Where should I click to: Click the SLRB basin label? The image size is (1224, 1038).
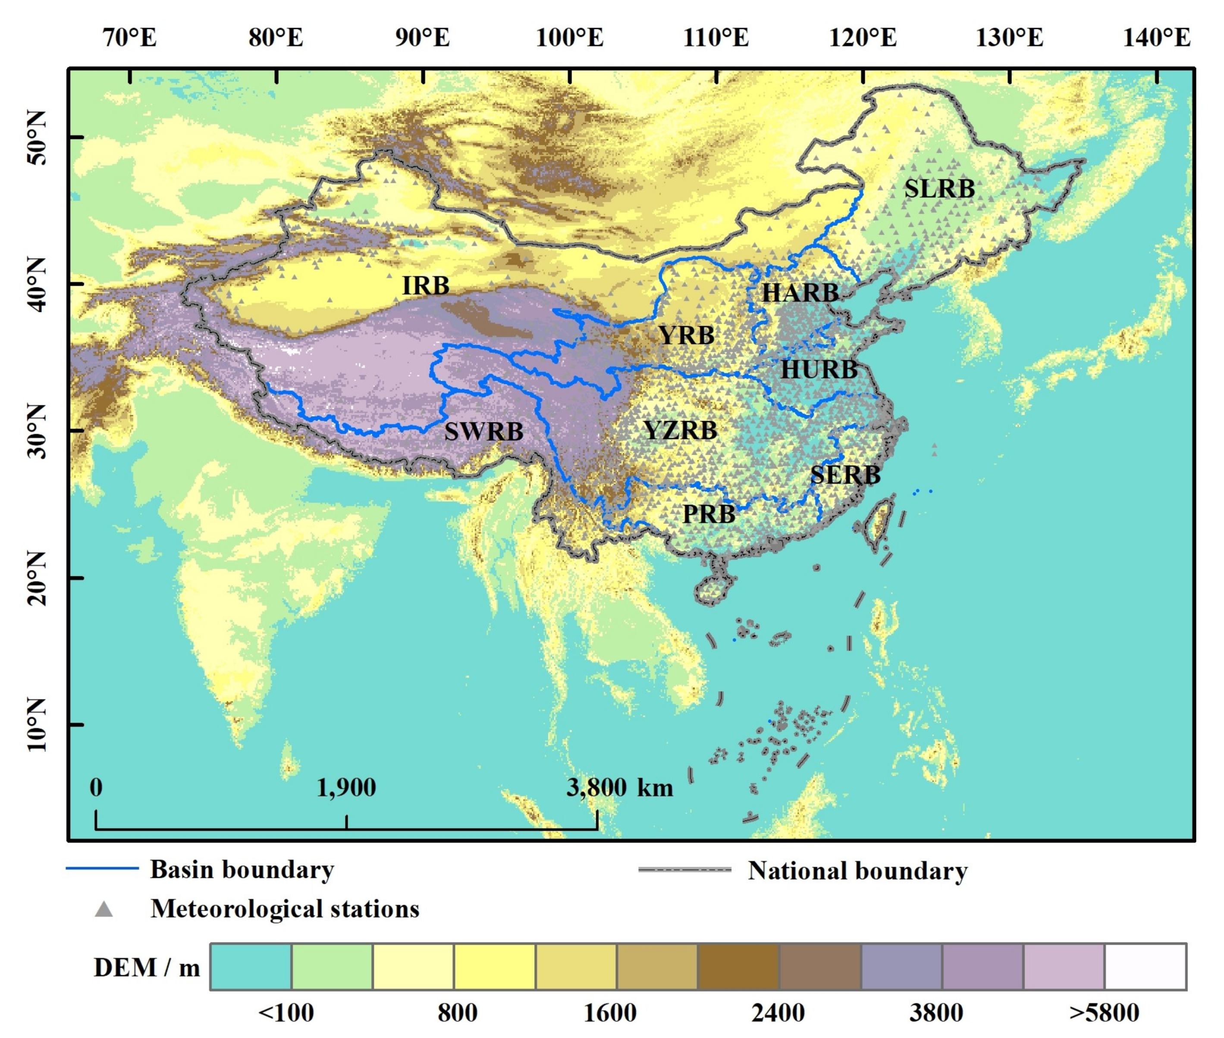(939, 189)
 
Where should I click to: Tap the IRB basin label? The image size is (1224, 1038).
(425, 286)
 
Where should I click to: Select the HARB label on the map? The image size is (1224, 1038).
(800, 293)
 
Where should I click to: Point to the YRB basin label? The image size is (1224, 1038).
(686, 335)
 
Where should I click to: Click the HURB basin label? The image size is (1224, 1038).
(819, 370)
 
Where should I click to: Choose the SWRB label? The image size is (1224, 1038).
(483, 431)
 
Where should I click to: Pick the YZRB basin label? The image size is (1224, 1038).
(680, 430)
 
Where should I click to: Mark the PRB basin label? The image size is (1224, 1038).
(709, 514)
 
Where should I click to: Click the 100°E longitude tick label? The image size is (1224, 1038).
(569, 38)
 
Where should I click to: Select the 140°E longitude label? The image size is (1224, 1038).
(1156, 38)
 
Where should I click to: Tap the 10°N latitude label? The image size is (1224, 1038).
(37, 725)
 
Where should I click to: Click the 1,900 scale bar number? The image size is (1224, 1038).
(346, 787)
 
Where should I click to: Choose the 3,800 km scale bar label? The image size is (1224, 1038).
(619, 787)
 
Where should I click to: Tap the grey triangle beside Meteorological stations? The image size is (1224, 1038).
(104, 909)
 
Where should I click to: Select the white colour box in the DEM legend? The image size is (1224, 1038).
(1145, 967)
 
